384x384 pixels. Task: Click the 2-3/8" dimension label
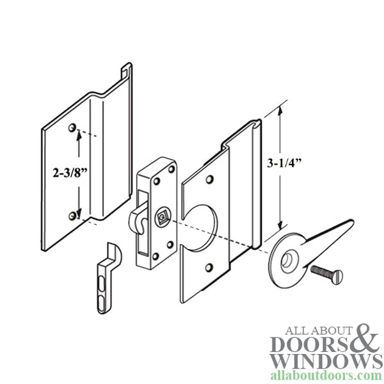click(x=70, y=173)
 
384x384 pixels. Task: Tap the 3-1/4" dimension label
click(x=284, y=163)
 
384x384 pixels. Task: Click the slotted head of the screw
click(x=337, y=276)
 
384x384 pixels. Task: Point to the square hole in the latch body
click(x=162, y=217)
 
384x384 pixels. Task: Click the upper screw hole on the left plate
click(x=72, y=127)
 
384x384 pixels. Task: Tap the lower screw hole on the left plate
click(x=72, y=216)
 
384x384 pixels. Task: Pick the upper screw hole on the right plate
click(x=209, y=179)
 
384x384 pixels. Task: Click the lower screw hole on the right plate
click(x=209, y=268)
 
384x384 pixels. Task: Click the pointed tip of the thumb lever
click(x=352, y=221)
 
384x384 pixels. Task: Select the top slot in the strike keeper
click(x=101, y=285)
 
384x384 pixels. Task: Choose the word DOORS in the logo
click(x=310, y=345)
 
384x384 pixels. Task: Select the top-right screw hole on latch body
click(x=172, y=169)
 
